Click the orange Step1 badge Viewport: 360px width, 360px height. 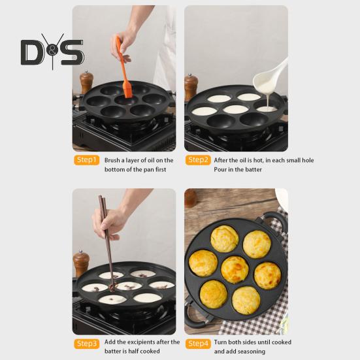coord(86,160)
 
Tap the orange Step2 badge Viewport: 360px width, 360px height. coord(198,160)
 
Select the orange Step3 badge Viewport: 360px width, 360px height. coord(86,344)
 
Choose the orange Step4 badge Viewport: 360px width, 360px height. coord(198,344)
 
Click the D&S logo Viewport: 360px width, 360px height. coord(52,52)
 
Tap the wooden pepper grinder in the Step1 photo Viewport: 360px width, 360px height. coord(86,82)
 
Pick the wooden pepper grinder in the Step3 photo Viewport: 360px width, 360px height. coord(81,263)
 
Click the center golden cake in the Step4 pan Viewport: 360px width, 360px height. coord(235,270)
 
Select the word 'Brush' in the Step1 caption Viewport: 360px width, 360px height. coord(112,160)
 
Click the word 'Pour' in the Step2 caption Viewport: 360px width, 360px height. coord(220,169)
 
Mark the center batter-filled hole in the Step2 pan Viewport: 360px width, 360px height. coord(236,109)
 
